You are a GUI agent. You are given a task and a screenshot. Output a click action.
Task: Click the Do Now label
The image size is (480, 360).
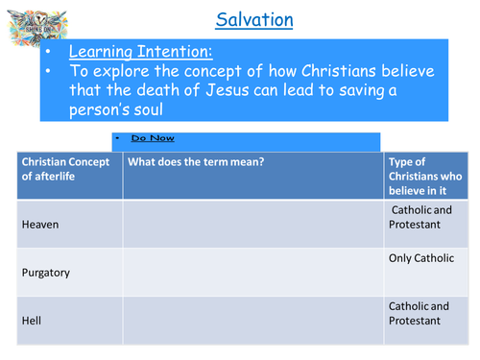[154, 138]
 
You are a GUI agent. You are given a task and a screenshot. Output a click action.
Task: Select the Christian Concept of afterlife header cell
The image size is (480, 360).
[68, 170]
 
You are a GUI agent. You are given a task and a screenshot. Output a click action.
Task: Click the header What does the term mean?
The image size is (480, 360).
[196, 162]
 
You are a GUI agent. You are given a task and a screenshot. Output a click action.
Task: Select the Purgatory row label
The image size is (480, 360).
[45, 274]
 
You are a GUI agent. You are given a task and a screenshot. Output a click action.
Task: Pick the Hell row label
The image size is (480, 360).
[32, 321]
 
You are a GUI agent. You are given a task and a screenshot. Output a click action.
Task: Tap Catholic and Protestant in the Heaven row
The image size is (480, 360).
[419, 216]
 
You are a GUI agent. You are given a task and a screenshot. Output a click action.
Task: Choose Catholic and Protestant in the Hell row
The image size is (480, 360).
[419, 313]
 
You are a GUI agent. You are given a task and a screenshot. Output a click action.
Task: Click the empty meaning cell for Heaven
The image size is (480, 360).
[252, 223]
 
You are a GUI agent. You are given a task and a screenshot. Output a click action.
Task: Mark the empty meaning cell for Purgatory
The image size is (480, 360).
[252, 272]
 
